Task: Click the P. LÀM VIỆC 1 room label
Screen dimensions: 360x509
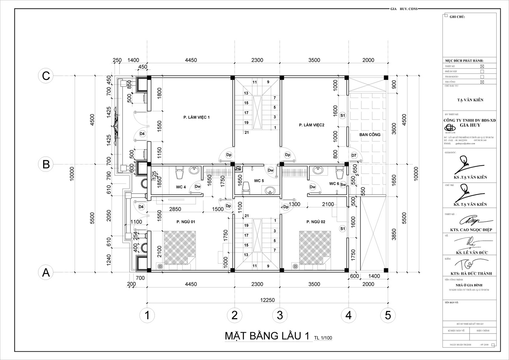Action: (196, 117)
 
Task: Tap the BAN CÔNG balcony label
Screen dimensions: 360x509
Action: (370, 135)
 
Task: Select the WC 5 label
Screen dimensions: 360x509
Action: (259, 181)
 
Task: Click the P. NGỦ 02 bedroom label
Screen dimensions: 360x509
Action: (316, 222)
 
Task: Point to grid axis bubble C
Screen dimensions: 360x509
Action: (46, 76)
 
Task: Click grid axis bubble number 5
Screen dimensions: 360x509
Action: (388, 315)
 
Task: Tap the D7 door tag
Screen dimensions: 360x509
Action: (354, 156)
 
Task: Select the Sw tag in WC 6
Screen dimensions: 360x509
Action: (343, 184)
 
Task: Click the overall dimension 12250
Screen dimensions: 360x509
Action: (267, 300)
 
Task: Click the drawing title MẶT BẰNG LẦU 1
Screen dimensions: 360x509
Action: (267, 336)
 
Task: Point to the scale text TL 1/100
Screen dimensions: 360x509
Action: (323, 338)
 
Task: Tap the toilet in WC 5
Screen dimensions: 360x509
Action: (246, 187)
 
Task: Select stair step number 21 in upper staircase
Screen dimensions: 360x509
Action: (247, 133)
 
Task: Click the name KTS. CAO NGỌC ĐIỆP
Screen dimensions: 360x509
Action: (471, 230)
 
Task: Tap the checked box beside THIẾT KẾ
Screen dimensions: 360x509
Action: (482, 66)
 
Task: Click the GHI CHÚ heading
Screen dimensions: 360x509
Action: (457, 17)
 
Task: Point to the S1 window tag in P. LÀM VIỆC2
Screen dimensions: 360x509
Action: (342, 115)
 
